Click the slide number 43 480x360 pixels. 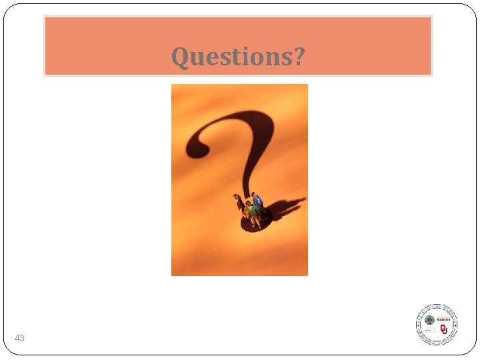click(19, 339)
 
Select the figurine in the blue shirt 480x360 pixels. click(258, 203)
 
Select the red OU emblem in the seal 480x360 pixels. click(443, 329)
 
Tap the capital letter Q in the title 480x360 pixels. click(179, 57)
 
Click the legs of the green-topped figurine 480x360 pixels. click(253, 221)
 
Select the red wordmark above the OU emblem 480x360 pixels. click(444, 319)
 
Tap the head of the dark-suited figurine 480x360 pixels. click(236, 197)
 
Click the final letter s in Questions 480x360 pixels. click(285, 58)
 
